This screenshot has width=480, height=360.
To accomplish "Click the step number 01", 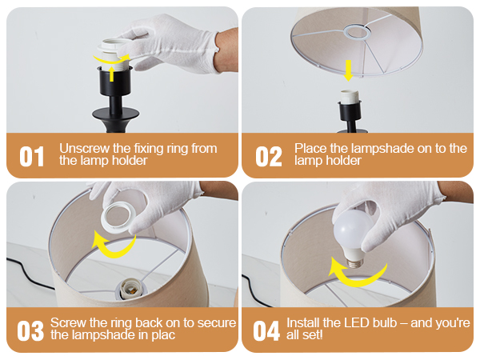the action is (31, 157).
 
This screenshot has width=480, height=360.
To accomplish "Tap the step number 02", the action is (269, 157).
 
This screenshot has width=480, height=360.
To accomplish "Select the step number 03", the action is (30, 330).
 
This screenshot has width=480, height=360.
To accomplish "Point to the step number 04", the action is (266, 330).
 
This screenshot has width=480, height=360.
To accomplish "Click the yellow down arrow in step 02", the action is (348, 70).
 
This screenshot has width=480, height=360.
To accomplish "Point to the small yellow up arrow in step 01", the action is (112, 74).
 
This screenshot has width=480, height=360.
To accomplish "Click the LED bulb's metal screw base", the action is (355, 262).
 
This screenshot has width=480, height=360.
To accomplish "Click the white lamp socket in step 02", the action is (350, 97).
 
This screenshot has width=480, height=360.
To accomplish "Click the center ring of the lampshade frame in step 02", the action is (357, 32).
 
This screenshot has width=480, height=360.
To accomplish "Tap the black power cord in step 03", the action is (29, 274).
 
